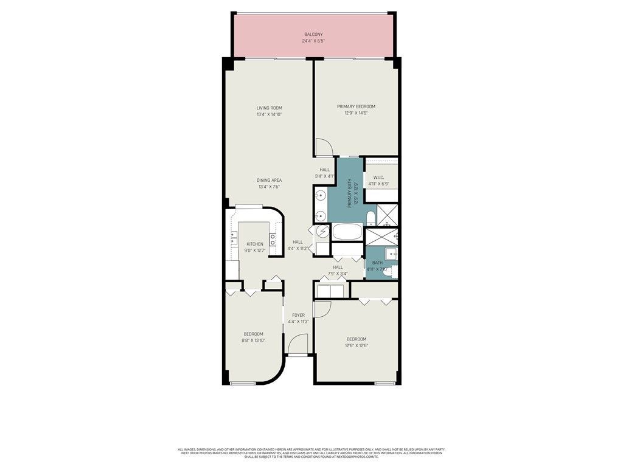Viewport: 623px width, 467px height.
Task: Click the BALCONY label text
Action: pyautogui.click(x=313, y=35)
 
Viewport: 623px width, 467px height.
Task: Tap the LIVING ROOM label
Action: pyautogui.click(x=269, y=108)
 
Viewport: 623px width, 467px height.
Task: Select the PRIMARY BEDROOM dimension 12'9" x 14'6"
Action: pyautogui.click(x=356, y=113)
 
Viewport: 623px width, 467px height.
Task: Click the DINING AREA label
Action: pyautogui.click(x=269, y=180)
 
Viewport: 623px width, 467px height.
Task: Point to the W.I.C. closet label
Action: pyautogui.click(x=378, y=177)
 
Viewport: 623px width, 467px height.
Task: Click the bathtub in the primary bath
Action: pyautogui.click(x=347, y=232)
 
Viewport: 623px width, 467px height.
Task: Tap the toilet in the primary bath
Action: pyautogui.click(x=370, y=218)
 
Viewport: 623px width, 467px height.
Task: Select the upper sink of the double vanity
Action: pyautogui.click(x=321, y=195)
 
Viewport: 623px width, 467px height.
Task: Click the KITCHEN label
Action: pyautogui.click(x=254, y=244)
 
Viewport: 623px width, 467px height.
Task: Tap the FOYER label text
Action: pyautogui.click(x=298, y=315)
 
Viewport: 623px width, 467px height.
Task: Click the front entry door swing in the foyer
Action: pyautogui.click(x=298, y=346)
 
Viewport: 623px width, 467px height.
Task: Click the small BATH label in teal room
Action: pyautogui.click(x=377, y=263)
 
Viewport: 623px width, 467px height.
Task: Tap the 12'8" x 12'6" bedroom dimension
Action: pyautogui.click(x=357, y=345)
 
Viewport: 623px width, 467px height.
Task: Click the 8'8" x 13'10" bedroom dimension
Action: pyautogui.click(x=253, y=341)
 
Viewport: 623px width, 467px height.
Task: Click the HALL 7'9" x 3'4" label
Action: pyautogui.click(x=338, y=270)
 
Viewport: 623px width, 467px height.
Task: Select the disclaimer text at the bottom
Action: pyautogui.click(x=311, y=452)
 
